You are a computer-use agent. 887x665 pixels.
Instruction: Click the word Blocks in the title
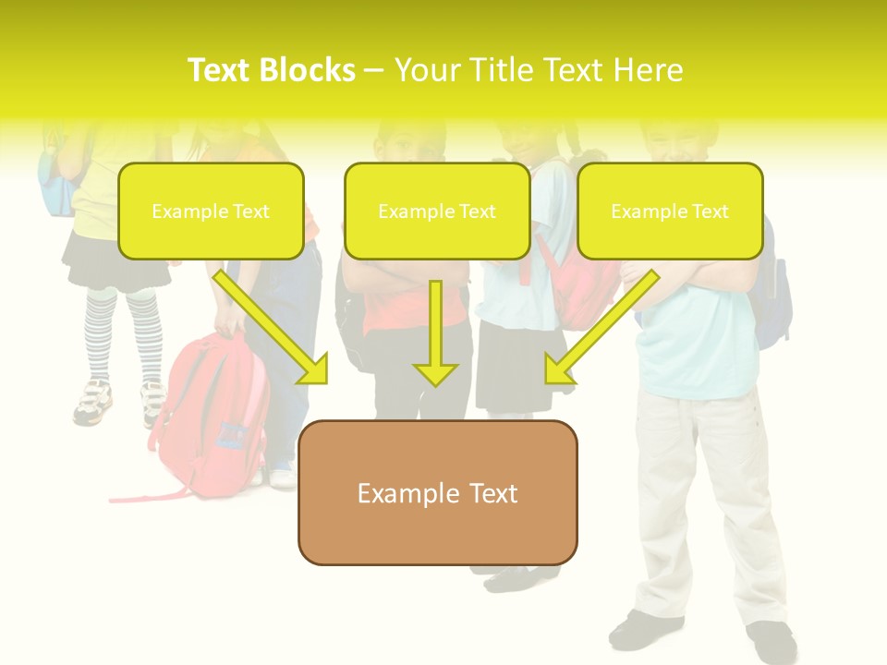pos(310,70)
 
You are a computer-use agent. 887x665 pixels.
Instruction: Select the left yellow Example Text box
pos(211,211)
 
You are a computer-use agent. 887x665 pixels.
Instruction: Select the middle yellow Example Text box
pos(437,211)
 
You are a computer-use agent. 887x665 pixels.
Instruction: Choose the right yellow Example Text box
pos(670,211)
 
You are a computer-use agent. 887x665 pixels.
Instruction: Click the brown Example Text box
pos(437,492)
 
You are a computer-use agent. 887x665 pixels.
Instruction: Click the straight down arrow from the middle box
pos(435,332)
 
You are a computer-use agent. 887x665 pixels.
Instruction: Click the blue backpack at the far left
pos(55,185)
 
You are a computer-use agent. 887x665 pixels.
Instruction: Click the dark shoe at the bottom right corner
pos(772,642)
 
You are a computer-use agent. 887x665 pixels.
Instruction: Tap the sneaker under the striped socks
pos(92,402)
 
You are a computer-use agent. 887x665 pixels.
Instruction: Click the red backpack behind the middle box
pos(577,286)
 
